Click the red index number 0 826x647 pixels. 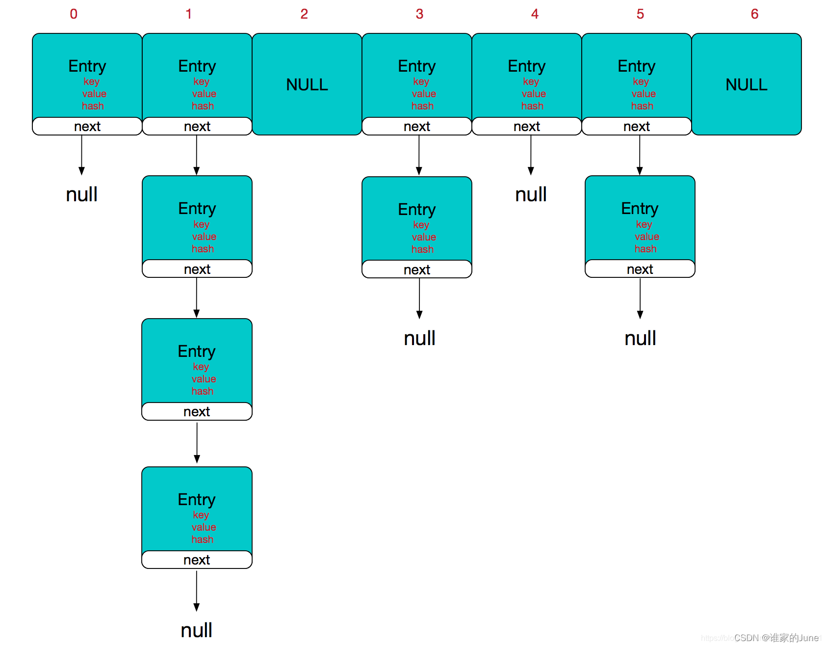pos(74,14)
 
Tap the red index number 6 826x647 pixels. pos(754,14)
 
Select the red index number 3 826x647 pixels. pos(419,14)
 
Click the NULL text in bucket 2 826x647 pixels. pos(307,85)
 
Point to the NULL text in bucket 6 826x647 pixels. pos(746,85)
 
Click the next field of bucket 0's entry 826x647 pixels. pos(87,127)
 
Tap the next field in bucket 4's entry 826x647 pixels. pos(526,127)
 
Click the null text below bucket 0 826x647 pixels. pos(82,194)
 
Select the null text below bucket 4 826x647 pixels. pos(531,195)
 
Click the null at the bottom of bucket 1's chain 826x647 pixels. pos(196,630)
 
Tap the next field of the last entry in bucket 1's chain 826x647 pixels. pos(197,560)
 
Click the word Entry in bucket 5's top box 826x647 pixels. pos(636,66)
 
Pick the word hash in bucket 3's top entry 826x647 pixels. pos(422,106)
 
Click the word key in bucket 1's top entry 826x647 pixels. pos(201,81)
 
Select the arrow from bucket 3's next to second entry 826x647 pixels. pos(419,155)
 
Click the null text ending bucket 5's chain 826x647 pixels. pos(640,338)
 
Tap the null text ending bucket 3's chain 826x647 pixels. pos(419,338)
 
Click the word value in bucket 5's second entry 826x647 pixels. pos(646,237)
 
